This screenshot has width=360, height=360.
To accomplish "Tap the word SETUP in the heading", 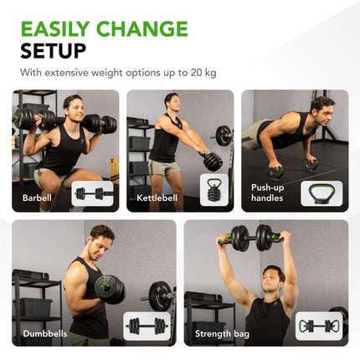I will coord(53,50).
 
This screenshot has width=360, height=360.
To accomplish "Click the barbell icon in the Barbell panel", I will coord(92,193).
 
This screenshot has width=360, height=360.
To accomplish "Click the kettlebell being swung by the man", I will coord(213,161).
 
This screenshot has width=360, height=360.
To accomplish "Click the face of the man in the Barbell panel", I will coord(73,106).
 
